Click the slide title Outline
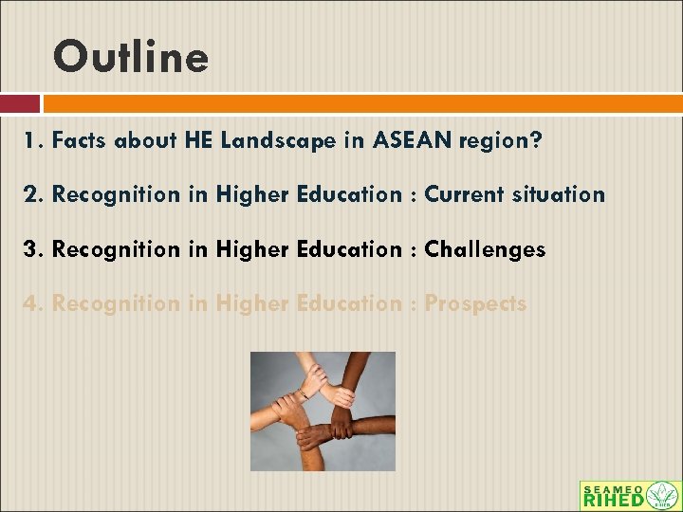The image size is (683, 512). click(x=131, y=57)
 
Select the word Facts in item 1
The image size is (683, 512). click(x=80, y=140)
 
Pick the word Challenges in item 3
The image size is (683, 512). click(x=485, y=250)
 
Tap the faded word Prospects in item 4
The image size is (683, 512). click(x=475, y=304)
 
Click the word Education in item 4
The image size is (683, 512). click(x=345, y=304)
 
